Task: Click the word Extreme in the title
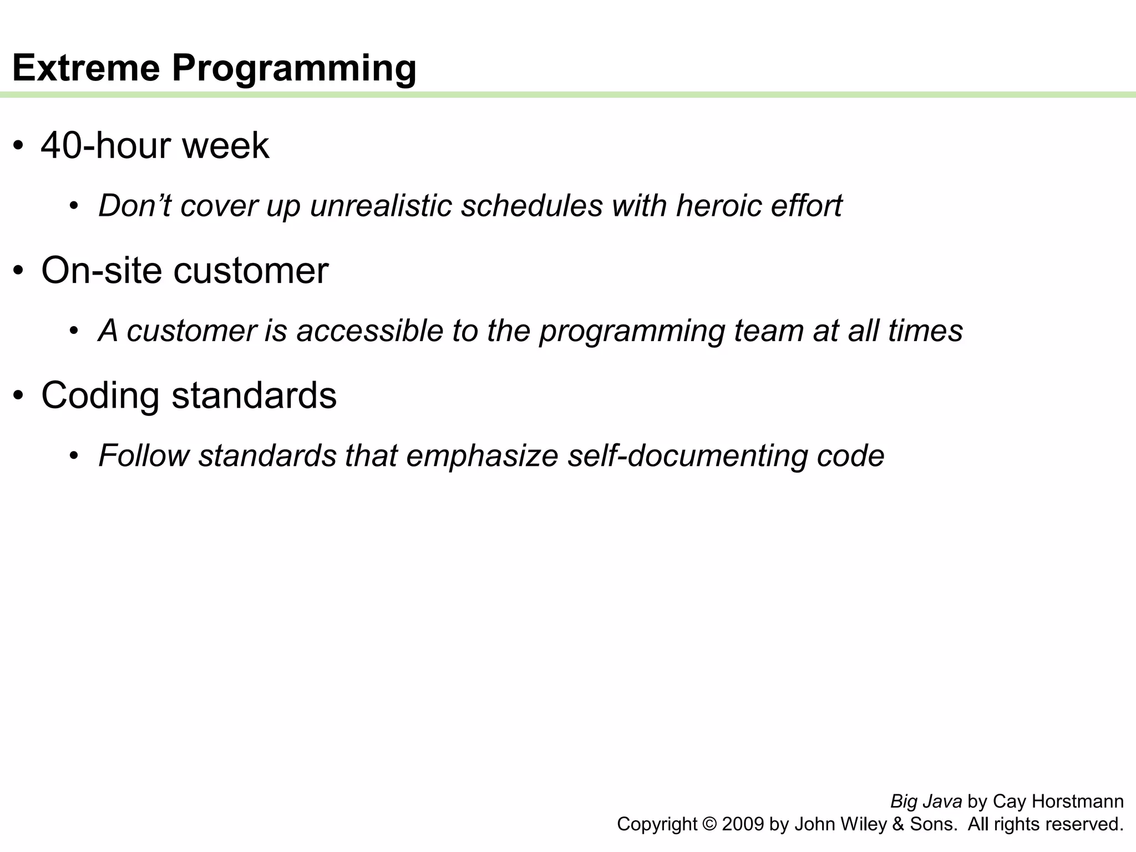pyautogui.click(x=86, y=68)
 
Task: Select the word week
pyautogui.click(x=226, y=145)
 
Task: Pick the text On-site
pyautogui.click(x=102, y=271)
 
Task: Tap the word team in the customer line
pyautogui.click(x=769, y=331)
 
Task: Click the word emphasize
pyautogui.click(x=482, y=457)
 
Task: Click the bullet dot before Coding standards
pyautogui.click(x=19, y=397)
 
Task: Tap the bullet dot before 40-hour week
pyautogui.click(x=19, y=146)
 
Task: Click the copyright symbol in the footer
pyautogui.click(x=709, y=824)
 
